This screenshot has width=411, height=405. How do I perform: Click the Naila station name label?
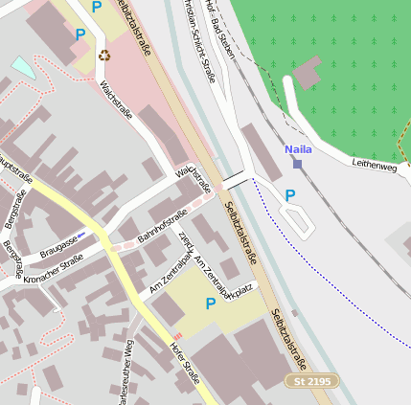pyautogui.click(x=298, y=149)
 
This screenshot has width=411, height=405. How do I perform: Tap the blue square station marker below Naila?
pyautogui.click(x=297, y=164)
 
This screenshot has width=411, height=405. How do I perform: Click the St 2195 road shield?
pyautogui.click(x=312, y=381)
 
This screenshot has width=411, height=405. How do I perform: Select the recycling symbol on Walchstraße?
pyautogui.click(x=104, y=55)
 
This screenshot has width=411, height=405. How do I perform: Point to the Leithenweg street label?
pyautogui.click(x=375, y=167)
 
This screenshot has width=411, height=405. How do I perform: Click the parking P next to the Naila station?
pyautogui.click(x=290, y=195)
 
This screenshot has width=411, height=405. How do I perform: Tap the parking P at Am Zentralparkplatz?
pyautogui.click(x=210, y=304)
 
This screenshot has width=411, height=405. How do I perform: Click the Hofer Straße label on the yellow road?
pyautogui.click(x=183, y=363)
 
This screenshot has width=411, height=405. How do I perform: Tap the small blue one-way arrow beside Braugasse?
pyautogui.click(x=81, y=234)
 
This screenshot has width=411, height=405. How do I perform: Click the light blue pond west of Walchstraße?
pyautogui.click(x=21, y=66)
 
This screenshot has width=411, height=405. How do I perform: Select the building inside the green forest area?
pyautogui.click(x=308, y=73)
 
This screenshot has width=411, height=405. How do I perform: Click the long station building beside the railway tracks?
pyautogui.click(x=261, y=150)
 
